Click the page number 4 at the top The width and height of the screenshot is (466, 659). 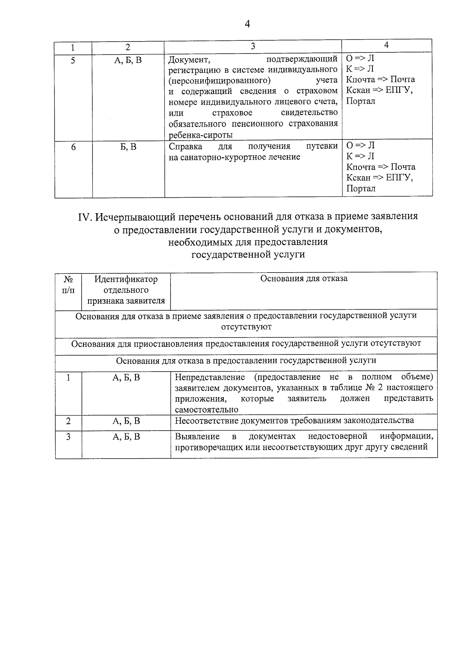(x=247, y=24)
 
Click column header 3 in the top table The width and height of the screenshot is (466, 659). (x=253, y=46)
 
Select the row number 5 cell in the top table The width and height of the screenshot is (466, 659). (x=73, y=60)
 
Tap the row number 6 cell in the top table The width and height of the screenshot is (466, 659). (x=73, y=147)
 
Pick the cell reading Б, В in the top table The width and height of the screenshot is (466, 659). (x=128, y=147)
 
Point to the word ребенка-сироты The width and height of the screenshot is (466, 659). (x=201, y=135)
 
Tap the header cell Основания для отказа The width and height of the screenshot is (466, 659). (x=304, y=278)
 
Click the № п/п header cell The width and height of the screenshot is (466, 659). (x=68, y=285)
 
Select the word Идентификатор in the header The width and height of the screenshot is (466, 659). (x=126, y=279)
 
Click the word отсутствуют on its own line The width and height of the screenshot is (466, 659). (x=246, y=327)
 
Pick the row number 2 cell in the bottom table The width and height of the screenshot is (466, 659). (x=68, y=421)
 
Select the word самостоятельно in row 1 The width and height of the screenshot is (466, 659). (x=206, y=410)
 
